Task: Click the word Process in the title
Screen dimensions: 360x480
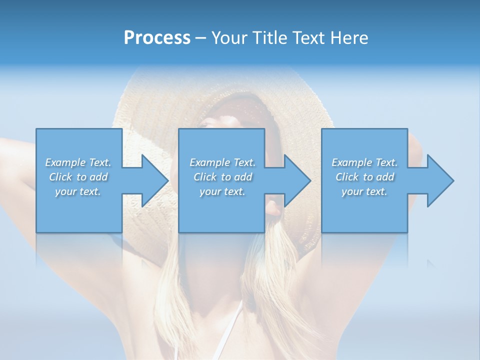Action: (157, 37)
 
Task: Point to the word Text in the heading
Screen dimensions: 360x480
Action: (307, 37)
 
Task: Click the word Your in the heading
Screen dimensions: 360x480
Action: (229, 37)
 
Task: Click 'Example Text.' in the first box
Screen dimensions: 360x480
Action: (78, 162)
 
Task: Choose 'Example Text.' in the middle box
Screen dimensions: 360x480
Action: (222, 162)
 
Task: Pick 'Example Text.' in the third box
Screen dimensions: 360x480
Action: (364, 162)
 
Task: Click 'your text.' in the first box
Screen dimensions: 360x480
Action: (78, 191)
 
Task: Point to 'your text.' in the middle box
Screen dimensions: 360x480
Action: (222, 191)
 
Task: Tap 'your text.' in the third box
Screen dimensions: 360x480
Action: (364, 191)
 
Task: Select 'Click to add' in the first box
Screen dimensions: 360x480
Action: (78, 177)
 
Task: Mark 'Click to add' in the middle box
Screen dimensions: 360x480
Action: (222, 177)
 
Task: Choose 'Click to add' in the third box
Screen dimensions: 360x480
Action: (364, 177)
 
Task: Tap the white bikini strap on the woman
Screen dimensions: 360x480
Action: (235, 320)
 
